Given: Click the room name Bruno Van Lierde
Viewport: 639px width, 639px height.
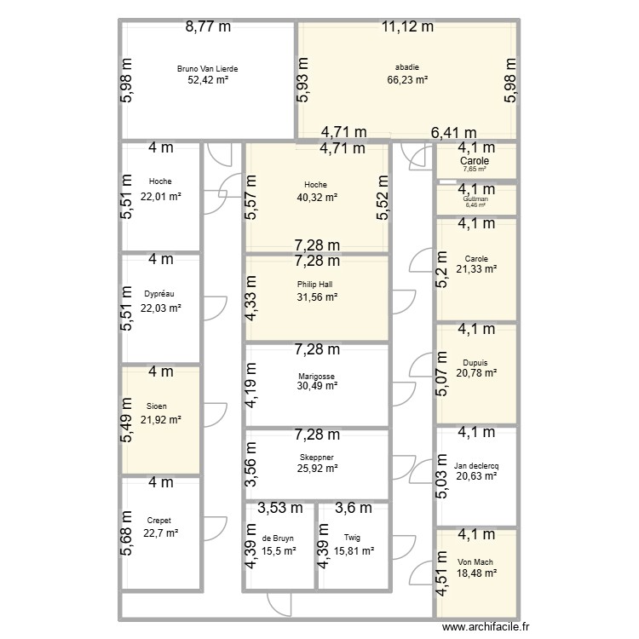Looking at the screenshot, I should click(x=208, y=67).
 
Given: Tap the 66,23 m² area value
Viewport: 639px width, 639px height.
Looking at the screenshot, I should click(x=406, y=80).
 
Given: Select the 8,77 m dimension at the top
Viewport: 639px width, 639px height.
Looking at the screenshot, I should click(x=208, y=26).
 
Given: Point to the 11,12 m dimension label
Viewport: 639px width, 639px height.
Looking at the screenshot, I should click(x=406, y=26).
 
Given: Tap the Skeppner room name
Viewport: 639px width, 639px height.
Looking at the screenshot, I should click(x=316, y=457).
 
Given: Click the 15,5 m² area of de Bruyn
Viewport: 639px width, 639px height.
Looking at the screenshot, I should click(x=279, y=551).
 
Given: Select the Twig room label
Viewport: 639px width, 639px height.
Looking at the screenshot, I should click(x=353, y=538).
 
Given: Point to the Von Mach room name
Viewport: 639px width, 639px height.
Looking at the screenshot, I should click(x=476, y=561).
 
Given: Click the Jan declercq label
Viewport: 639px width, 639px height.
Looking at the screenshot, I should click(x=476, y=465).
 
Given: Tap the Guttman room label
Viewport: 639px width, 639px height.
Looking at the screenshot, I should click(x=475, y=197).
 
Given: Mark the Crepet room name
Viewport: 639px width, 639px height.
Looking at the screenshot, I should click(x=159, y=520).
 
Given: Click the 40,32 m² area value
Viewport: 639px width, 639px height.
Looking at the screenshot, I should click(x=316, y=197).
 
